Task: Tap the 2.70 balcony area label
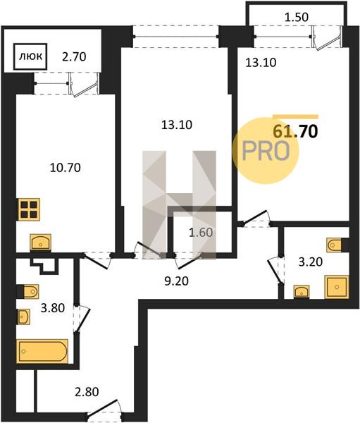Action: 74,57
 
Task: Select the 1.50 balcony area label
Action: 297,17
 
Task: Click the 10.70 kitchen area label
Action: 66,168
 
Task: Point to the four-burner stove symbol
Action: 30,209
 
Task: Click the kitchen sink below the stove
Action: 40,242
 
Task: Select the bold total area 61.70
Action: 295,132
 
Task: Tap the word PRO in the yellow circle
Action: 266,151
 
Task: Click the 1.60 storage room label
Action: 201,232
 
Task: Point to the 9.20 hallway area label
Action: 176,281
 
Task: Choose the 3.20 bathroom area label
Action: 311,262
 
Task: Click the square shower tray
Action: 337,287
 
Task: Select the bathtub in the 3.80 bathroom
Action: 42,351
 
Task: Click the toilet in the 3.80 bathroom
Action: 30,291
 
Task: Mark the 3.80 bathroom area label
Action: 53,308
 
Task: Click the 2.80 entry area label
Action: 87,392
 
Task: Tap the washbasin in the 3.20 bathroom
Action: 302,292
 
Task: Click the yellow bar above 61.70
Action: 296,117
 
